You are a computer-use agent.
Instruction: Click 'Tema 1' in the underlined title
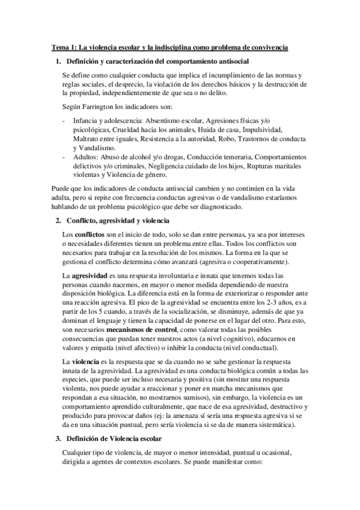(63, 48)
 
